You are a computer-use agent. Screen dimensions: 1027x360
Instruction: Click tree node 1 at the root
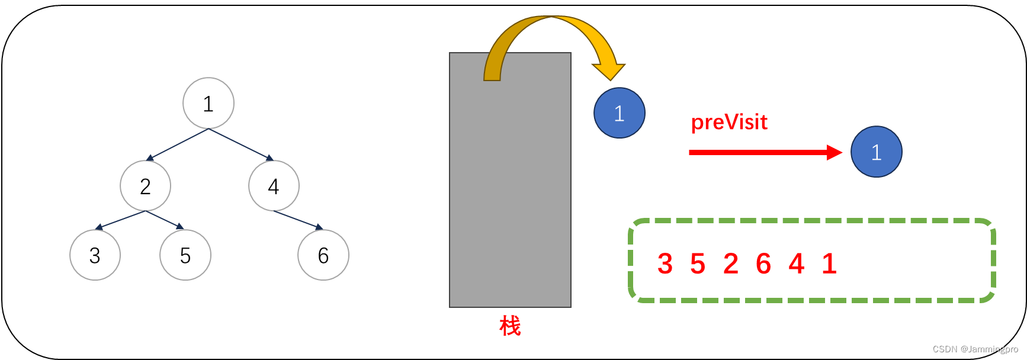(208, 104)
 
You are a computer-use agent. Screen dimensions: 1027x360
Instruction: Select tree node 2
(146, 186)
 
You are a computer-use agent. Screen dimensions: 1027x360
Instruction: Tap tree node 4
(274, 186)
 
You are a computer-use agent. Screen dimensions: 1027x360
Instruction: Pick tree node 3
(95, 255)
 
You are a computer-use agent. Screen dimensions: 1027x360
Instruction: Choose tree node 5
(185, 255)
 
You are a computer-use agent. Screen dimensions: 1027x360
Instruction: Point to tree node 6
(323, 255)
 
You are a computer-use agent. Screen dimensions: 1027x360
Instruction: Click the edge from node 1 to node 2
(178, 144)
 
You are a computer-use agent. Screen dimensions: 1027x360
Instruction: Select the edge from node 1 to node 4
(240, 144)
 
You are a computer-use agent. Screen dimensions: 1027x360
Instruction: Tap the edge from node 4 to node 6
(298, 220)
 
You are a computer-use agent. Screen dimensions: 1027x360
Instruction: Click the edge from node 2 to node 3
(120, 220)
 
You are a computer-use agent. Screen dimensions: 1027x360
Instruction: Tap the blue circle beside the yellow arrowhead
(620, 113)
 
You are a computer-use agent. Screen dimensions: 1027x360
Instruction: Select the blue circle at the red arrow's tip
(877, 152)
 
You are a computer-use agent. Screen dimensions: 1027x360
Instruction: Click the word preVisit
(729, 122)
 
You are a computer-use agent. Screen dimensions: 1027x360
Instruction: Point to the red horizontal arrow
(764, 153)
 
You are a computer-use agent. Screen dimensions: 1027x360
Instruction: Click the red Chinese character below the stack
(510, 326)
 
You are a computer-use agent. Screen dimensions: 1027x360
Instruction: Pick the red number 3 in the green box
(665, 264)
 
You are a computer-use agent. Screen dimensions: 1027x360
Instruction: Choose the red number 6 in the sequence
(763, 264)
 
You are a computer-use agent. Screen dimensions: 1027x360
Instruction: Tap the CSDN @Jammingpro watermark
(975, 349)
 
